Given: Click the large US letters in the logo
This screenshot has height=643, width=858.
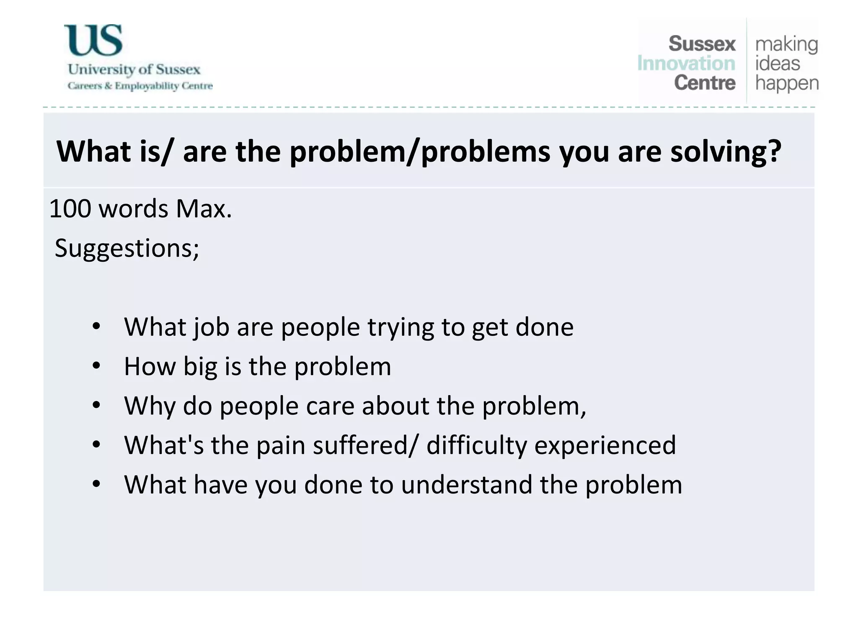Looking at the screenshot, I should pos(93,40).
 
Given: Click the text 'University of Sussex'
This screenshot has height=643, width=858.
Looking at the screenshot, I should pos(134,69).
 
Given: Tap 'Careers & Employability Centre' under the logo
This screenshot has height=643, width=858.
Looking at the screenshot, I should pos(140,86).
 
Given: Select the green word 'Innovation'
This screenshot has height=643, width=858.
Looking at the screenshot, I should pos(686,64).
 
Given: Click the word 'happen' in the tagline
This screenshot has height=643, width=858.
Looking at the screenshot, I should pos(786,83).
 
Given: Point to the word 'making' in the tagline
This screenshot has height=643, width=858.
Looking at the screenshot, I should pos(786,44).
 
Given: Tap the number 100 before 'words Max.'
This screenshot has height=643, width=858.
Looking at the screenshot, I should pos(70,208).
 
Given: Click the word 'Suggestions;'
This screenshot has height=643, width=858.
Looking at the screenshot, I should pos(127,248).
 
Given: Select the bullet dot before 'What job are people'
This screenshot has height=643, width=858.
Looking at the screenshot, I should pos(96,327).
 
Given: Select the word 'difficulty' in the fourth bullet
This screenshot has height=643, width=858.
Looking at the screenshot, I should pos(476,445).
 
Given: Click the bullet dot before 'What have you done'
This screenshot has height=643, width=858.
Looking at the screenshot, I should pos(96,484).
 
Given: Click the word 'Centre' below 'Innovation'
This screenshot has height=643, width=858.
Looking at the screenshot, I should pos(704,83).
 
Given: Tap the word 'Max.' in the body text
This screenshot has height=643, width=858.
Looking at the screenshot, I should pos(204,208).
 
